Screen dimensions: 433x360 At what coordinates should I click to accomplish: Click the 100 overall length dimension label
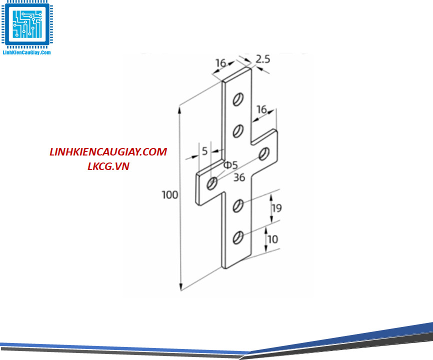pyautogui.click(x=170, y=194)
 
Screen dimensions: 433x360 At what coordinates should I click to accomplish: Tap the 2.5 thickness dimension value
pyautogui.click(x=262, y=59)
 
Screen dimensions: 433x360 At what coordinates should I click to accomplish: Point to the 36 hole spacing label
pyautogui.click(x=239, y=177)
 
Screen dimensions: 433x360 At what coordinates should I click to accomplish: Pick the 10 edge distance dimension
pyautogui.click(x=272, y=239)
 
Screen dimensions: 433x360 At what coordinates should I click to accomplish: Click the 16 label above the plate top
pyautogui.click(x=220, y=63)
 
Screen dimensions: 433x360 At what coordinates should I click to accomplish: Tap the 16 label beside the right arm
pyautogui.click(x=261, y=109)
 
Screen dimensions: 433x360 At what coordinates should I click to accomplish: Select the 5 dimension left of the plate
pyautogui.click(x=204, y=150)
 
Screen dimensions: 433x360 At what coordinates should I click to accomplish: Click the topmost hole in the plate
pyautogui.click(x=238, y=99)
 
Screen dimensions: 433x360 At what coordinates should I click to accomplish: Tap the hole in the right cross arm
pyautogui.click(x=264, y=153)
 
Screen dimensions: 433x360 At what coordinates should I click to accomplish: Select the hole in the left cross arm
pyautogui.click(x=212, y=183)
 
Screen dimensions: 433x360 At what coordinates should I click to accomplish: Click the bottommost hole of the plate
pyautogui.click(x=238, y=237)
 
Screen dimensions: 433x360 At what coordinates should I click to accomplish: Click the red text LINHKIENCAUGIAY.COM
pyautogui.click(x=108, y=152)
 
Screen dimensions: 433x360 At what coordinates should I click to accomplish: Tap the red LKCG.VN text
pyautogui.click(x=108, y=166)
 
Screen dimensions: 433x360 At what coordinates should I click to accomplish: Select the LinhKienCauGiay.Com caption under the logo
pyautogui.click(x=27, y=52)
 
